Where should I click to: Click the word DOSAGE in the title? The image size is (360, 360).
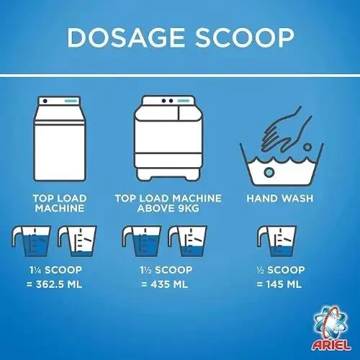point(126,37)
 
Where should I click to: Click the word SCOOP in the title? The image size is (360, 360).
point(245,37)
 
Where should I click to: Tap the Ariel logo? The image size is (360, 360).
point(331,328)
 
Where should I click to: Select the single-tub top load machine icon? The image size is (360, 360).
point(60,139)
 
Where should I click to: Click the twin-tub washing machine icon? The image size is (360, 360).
point(168,138)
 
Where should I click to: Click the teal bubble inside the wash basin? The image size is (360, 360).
point(269,172)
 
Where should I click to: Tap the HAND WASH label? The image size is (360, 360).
point(280,198)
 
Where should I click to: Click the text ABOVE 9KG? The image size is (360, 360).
point(168,208)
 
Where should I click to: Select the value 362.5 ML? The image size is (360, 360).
point(59,284)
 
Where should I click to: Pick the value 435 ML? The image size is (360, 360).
point(169,284)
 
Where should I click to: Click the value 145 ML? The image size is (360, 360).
point(284,284)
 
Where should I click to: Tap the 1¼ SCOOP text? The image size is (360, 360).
point(55,270)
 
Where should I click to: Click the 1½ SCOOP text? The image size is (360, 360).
point(166,270)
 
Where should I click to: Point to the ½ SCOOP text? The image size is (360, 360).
point(280,270)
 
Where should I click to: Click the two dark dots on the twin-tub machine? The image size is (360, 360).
point(167,101)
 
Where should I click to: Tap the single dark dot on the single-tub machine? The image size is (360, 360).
point(45,101)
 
